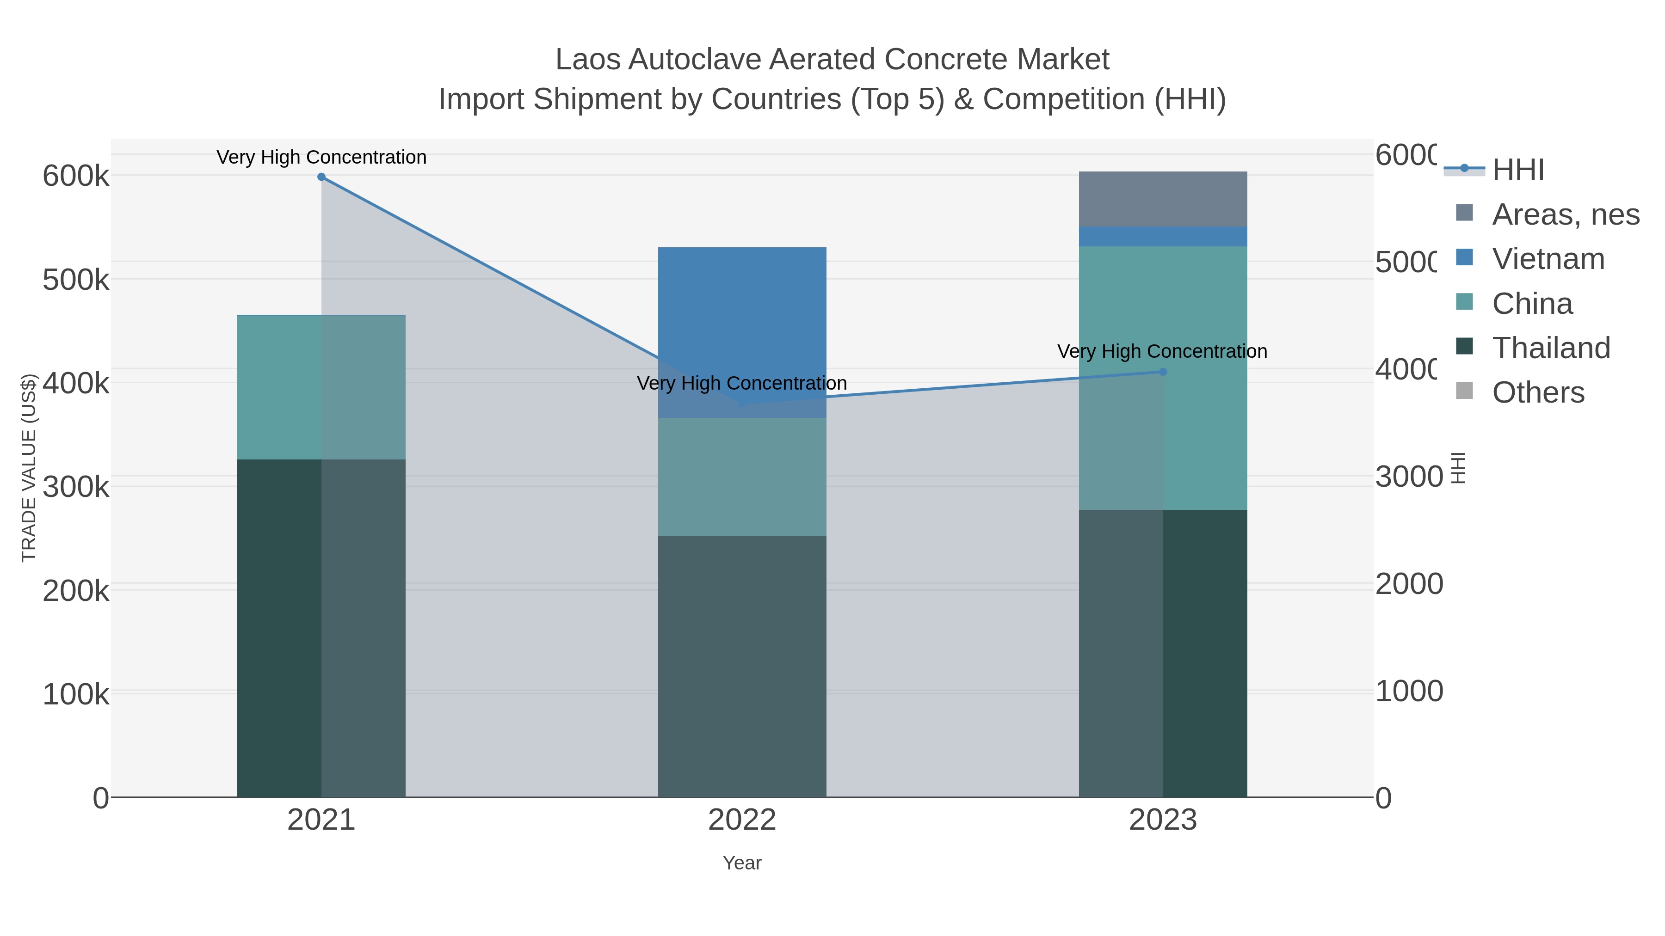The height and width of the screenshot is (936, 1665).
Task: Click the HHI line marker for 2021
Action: [321, 177]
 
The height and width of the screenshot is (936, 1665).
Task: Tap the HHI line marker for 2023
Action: [1163, 372]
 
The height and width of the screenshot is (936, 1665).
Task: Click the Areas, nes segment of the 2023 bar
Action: [1163, 199]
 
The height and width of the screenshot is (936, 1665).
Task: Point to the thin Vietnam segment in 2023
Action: [1163, 236]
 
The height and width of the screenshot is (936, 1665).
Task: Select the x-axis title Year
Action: [742, 863]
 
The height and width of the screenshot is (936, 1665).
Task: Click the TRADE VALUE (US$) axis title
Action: [29, 468]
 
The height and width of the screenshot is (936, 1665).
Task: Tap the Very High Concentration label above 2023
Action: [1162, 351]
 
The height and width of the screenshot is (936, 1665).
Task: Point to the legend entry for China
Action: [1532, 304]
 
